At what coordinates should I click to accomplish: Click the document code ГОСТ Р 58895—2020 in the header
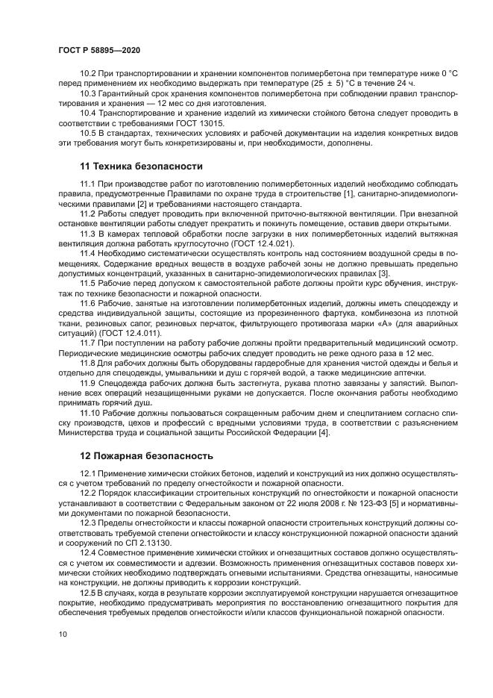click(x=98, y=49)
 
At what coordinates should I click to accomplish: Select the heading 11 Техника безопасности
click(x=141, y=166)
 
